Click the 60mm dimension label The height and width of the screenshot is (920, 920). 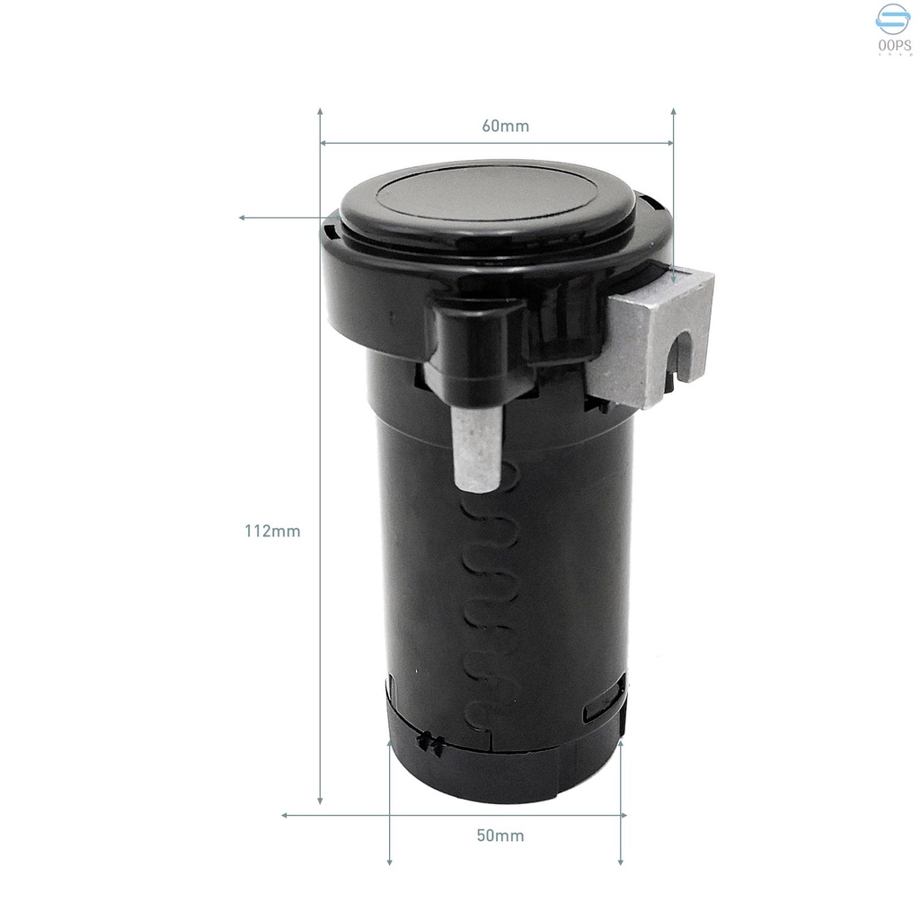coord(505,126)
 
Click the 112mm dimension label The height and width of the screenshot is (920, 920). coord(272,531)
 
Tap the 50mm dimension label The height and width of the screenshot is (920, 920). coord(500,836)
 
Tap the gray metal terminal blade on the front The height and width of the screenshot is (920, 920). coord(476,450)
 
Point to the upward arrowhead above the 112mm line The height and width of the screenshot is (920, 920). coord(321,112)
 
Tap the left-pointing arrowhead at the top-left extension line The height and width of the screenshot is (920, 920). coord(243,217)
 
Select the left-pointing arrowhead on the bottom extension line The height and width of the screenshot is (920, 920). coord(287,815)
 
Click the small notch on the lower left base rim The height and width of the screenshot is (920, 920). coord(429,742)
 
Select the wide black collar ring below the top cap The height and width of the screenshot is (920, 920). coord(377,296)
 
